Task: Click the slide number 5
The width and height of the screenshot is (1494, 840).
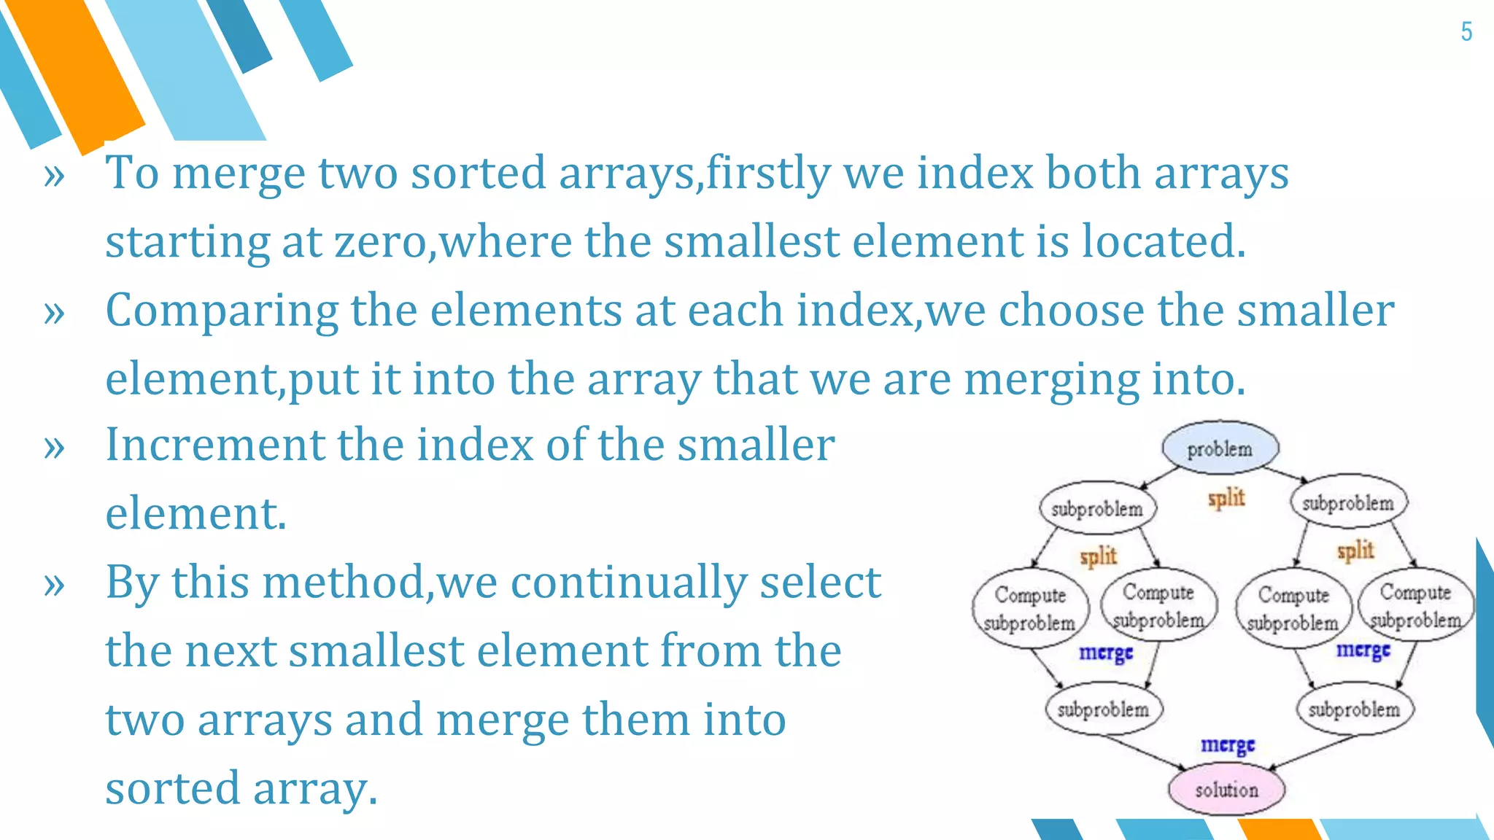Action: pos(1466,31)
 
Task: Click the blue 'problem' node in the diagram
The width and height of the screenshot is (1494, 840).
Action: pos(1220,448)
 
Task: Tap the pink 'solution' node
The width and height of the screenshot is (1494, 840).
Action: pos(1226,790)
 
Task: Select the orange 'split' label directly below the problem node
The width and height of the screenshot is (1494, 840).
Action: pos(1226,498)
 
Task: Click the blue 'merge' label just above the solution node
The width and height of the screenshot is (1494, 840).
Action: pos(1228,744)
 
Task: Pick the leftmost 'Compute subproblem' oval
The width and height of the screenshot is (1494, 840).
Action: pos(1030,608)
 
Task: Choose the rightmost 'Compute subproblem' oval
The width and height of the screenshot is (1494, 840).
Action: pos(1415,605)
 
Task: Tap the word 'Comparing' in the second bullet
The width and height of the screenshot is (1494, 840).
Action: pos(222,310)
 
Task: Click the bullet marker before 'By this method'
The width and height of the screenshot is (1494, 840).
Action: pos(54,583)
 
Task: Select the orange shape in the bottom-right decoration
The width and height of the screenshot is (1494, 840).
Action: pos(1278,829)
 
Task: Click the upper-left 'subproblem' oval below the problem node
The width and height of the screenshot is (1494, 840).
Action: pos(1097,508)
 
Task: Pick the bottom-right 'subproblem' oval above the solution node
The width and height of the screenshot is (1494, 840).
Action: pos(1354,709)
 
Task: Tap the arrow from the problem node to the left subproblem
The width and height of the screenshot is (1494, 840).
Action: pos(1160,477)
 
